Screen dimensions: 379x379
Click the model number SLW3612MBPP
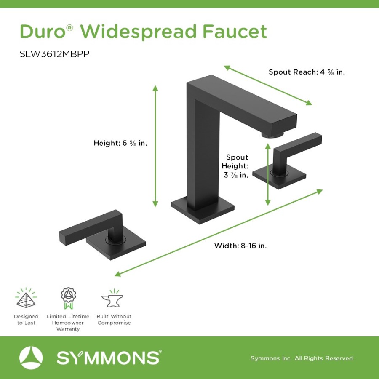pyautogui.click(x=55, y=54)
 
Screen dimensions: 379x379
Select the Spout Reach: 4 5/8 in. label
pyautogui.click(x=307, y=72)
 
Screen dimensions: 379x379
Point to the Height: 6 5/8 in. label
pyautogui.click(x=120, y=143)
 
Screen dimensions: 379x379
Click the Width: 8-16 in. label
pyautogui.click(x=240, y=246)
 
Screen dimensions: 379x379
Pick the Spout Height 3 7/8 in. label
pyautogui.click(x=237, y=166)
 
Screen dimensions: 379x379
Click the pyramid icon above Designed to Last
pyautogui.click(x=26, y=298)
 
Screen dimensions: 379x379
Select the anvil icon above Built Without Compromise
pyautogui.click(x=113, y=299)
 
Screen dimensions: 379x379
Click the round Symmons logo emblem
pyautogui.click(x=31, y=358)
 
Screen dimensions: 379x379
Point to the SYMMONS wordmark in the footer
pyautogui.click(x=109, y=358)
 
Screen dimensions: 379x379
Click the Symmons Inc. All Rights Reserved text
pyautogui.click(x=302, y=358)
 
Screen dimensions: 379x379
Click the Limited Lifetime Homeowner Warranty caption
pyautogui.click(x=68, y=323)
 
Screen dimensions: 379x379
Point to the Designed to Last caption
pyautogui.click(x=26, y=320)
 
